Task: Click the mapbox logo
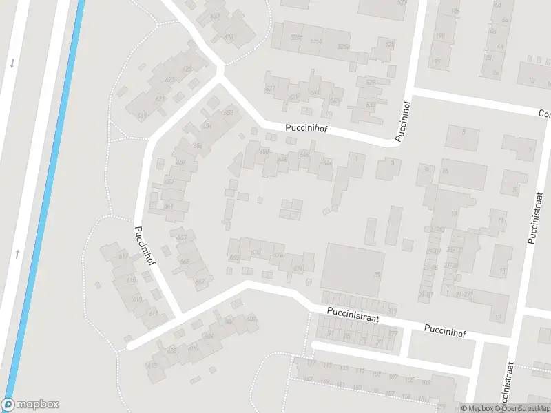point(30,405)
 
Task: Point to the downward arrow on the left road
point(12,64)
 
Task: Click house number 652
point(228,113)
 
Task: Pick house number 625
point(187,70)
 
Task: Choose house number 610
point(152,365)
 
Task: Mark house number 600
point(251,319)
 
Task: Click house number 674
point(298,269)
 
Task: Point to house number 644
point(327,163)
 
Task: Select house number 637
point(270,89)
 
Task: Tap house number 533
point(371,105)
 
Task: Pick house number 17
point(497,317)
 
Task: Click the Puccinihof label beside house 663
point(147,242)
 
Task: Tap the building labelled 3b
point(427,169)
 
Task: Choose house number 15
point(502,272)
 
